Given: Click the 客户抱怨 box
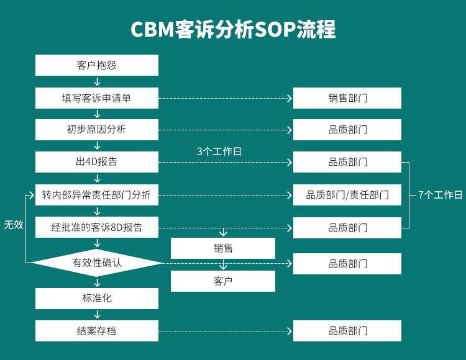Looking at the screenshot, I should [x=96, y=65].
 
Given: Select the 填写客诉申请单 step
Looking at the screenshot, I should [x=96, y=98].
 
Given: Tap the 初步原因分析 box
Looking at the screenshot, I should [x=96, y=130].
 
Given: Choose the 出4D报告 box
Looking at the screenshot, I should [x=96, y=162].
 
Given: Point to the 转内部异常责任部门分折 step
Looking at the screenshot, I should [x=96, y=195].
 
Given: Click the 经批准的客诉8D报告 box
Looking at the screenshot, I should [x=96, y=228].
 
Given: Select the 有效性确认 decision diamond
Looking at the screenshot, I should [x=96, y=263].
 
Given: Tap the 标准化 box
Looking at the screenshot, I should [x=96, y=298].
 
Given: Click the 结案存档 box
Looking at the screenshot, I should [x=96, y=331].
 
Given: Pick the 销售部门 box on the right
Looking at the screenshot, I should [x=347, y=98].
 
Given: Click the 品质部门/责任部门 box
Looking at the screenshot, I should [x=347, y=195].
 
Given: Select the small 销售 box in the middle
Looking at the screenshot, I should [x=223, y=248].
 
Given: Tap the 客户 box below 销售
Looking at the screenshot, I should [x=223, y=281].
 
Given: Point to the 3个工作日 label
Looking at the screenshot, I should [x=219, y=151].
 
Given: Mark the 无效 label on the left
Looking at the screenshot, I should [x=14, y=225].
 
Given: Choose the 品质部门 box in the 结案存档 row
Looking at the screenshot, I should [x=347, y=331].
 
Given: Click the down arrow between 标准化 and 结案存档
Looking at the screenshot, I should [x=97, y=315].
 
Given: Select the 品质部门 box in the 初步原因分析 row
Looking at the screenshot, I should [x=347, y=130].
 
